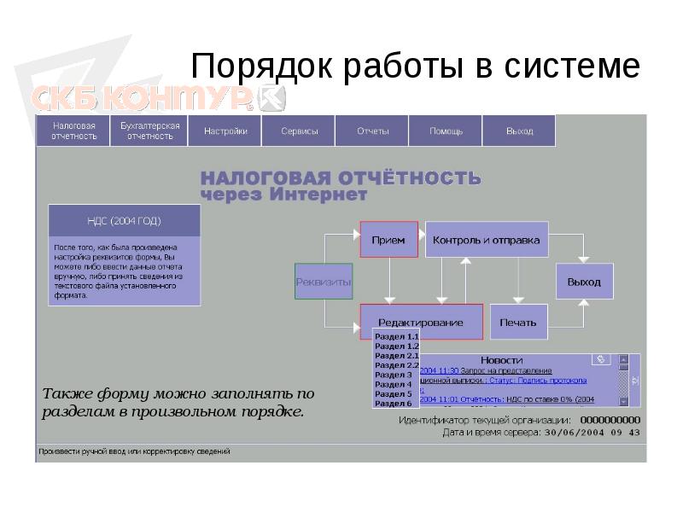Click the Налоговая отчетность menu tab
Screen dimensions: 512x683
pos(73,131)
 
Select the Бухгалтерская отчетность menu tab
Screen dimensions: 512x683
pos(149,131)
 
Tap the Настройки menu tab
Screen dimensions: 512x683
pos(225,131)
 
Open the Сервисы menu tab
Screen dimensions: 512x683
pos(300,131)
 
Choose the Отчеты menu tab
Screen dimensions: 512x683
pos(373,131)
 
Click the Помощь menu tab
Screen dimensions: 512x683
pos(446,131)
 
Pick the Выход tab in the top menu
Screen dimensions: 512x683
pos(519,131)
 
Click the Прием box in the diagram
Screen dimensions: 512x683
pos(388,240)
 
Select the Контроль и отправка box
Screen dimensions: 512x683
pos(487,240)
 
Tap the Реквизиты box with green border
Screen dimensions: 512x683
pos(324,282)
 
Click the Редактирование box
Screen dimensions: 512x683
pos(421,322)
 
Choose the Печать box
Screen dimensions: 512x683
pos(518,322)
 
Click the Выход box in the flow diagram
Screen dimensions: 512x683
pos(584,282)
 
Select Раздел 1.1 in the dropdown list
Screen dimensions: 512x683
pos(397,337)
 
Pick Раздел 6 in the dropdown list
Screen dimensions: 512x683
pos(394,403)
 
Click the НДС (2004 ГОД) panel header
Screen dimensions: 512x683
pos(125,221)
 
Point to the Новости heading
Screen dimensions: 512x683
pos(501,360)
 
